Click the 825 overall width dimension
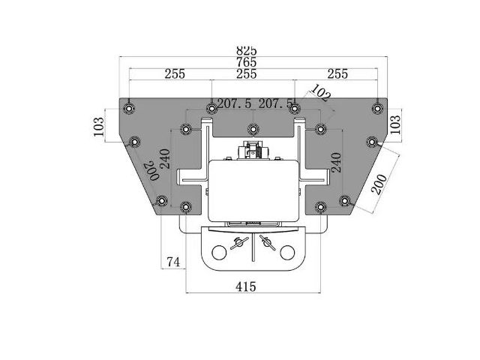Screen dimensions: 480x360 pyautogui.click(x=247, y=51)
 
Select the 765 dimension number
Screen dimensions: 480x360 pyautogui.click(x=247, y=62)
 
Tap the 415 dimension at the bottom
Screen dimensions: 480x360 pyautogui.click(x=246, y=286)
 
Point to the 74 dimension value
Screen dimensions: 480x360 pyautogui.click(x=173, y=262)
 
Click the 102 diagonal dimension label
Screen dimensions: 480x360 pyautogui.click(x=320, y=92)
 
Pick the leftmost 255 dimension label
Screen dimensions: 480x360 pyautogui.click(x=175, y=74)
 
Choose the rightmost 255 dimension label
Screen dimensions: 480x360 pyautogui.click(x=337, y=74)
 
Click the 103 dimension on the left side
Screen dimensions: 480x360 pyautogui.click(x=99, y=127)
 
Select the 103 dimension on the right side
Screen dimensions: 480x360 pyautogui.click(x=395, y=124)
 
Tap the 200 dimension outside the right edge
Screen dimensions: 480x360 pyautogui.click(x=379, y=184)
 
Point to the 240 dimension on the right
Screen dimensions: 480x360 pyautogui.click(x=336, y=163)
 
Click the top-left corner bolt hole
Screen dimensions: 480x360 pyautogui.click(x=129, y=108)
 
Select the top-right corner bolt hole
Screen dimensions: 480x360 pyautogui.click(x=377, y=108)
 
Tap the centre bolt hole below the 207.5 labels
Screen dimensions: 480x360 pyautogui.click(x=253, y=129)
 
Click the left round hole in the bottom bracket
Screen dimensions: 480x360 pyautogui.click(x=219, y=253)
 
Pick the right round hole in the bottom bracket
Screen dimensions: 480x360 pyautogui.click(x=287, y=253)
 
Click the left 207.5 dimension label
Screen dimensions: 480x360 pyautogui.click(x=234, y=103)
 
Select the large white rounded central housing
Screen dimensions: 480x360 pyautogui.click(x=253, y=190)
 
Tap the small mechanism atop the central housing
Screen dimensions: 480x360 pyautogui.click(x=253, y=150)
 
